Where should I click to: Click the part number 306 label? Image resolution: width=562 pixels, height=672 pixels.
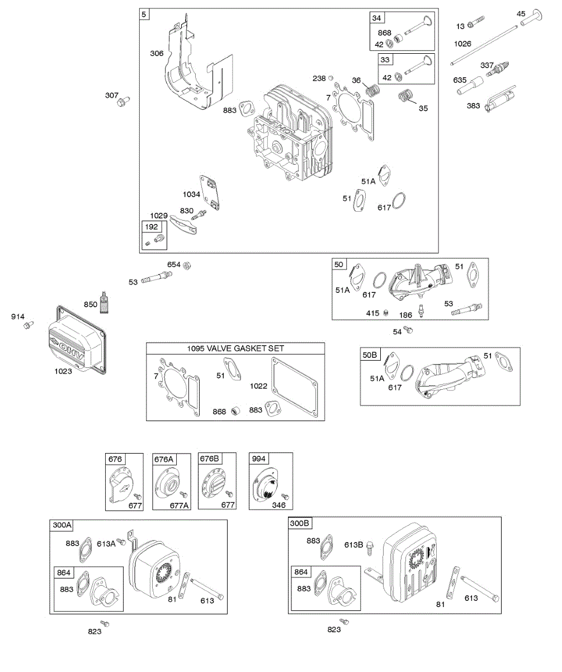point(157,53)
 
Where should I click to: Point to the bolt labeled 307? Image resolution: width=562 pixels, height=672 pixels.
point(123,101)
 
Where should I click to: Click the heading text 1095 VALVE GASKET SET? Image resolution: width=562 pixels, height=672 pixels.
point(235,348)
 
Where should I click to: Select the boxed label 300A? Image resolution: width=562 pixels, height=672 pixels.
point(62,525)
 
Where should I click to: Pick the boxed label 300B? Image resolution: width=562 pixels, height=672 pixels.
point(299,523)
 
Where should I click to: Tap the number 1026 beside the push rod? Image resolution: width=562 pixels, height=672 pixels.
point(462,44)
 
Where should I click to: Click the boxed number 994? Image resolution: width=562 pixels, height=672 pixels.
point(258,459)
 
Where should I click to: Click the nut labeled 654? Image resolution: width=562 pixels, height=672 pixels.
point(188,264)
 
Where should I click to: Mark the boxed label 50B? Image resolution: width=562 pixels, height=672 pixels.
point(371,354)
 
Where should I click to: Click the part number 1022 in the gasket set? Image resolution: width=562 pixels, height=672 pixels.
point(259,386)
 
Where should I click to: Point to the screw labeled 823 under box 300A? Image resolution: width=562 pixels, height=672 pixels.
point(104,623)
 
